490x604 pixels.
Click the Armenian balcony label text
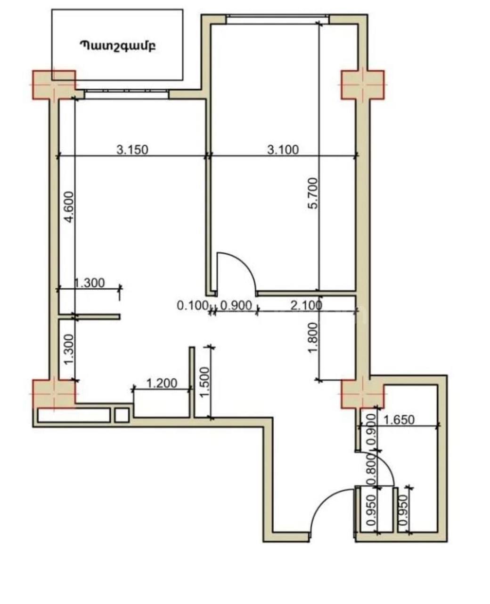point(118,46)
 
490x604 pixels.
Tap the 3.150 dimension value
point(132,150)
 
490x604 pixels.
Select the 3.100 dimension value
point(283,150)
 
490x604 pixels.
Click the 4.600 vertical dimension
point(69,207)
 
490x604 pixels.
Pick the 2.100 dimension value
point(307,305)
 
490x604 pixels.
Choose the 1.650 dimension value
point(399,419)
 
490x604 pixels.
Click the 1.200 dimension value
point(162,383)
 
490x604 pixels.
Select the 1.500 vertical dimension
point(204,383)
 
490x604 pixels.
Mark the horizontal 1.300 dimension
point(89,283)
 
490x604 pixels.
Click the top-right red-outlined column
point(363,85)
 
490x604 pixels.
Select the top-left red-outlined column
point(54,85)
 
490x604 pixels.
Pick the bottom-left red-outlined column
point(54,394)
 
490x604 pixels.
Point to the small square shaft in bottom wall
point(122,415)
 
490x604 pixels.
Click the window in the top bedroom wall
point(278,19)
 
